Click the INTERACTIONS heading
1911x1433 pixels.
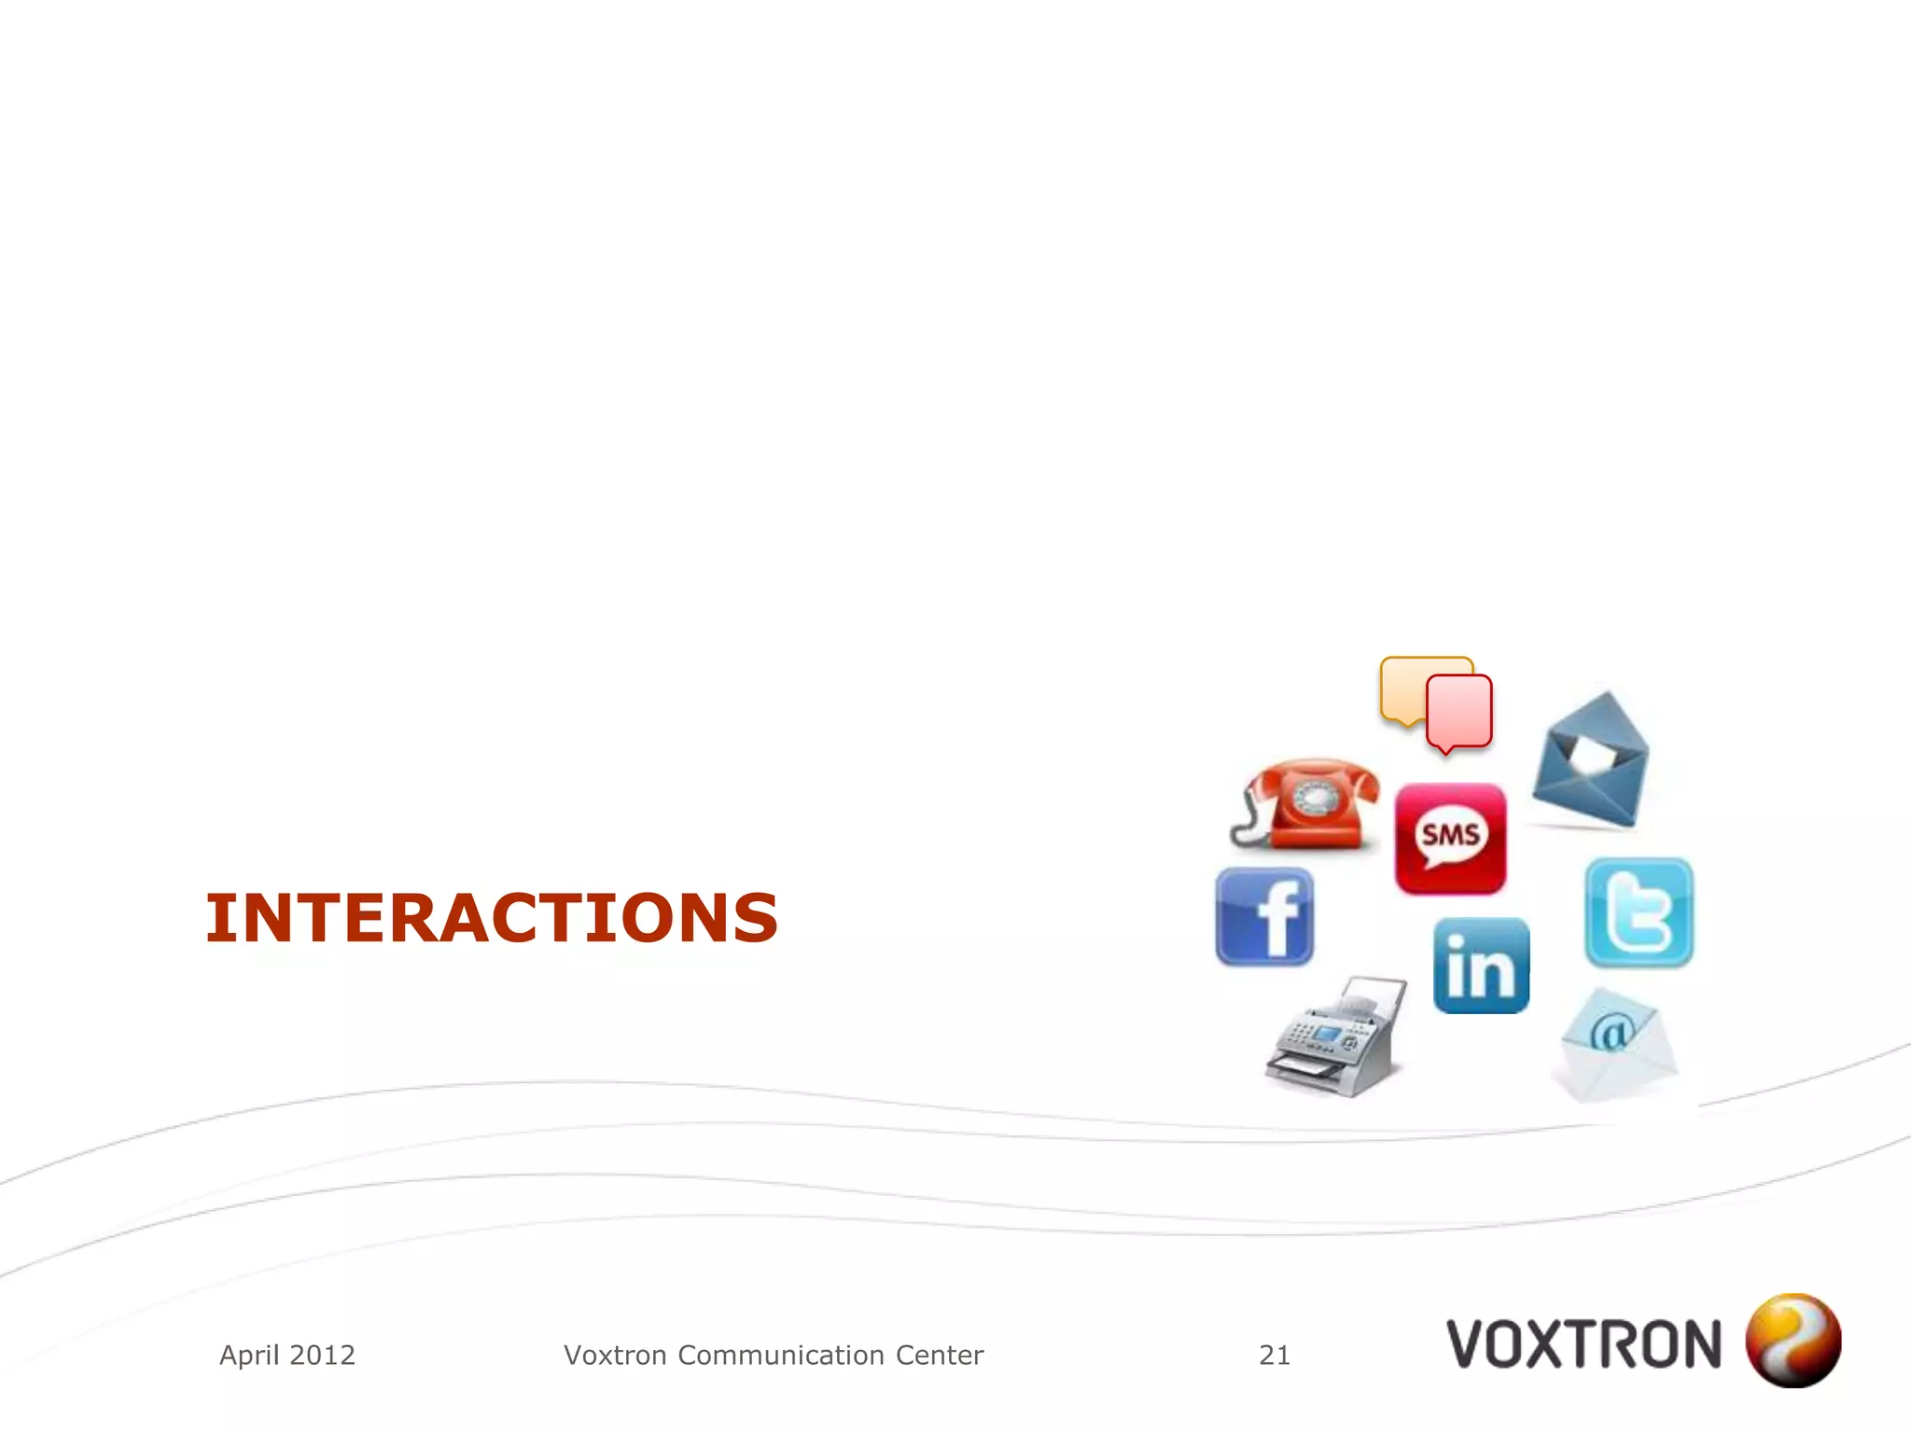click(x=492, y=918)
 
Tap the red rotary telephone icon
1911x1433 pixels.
click(x=1306, y=806)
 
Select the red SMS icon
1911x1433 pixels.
click(x=1450, y=838)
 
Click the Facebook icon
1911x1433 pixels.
click(x=1265, y=917)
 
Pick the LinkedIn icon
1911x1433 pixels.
click(x=1481, y=966)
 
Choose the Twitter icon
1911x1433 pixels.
click(x=1639, y=912)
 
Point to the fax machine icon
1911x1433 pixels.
click(x=1334, y=1037)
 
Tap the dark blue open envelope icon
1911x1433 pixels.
click(x=1591, y=760)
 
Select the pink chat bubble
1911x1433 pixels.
click(x=1460, y=711)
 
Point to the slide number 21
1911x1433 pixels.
click(x=1275, y=1355)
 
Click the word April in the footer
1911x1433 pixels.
click(x=249, y=1355)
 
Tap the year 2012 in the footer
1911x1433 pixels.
click(x=323, y=1355)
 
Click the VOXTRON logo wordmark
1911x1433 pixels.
click(x=1583, y=1344)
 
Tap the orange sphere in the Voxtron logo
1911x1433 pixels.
click(x=1792, y=1341)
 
